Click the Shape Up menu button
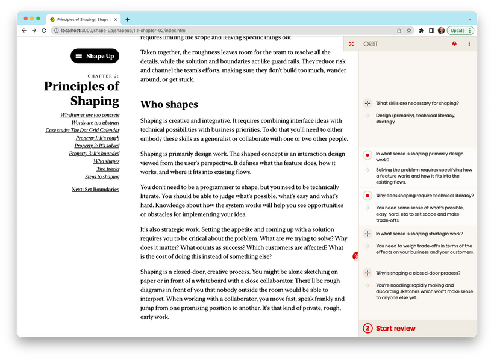point(95,56)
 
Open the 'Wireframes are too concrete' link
point(90,114)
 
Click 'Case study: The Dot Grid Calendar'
point(83,130)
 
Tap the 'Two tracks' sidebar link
point(108,169)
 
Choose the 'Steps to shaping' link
point(102,177)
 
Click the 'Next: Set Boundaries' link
point(95,190)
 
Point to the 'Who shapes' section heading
point(169,105)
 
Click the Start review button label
point(395,328)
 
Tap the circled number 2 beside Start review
point(367,328)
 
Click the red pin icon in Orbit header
point(454,44)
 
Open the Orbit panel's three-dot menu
point(469,44)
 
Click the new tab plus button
point(127,19)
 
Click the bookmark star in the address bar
point(408,30)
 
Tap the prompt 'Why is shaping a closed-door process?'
point(418,273)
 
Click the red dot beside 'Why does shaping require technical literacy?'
point(367,196)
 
